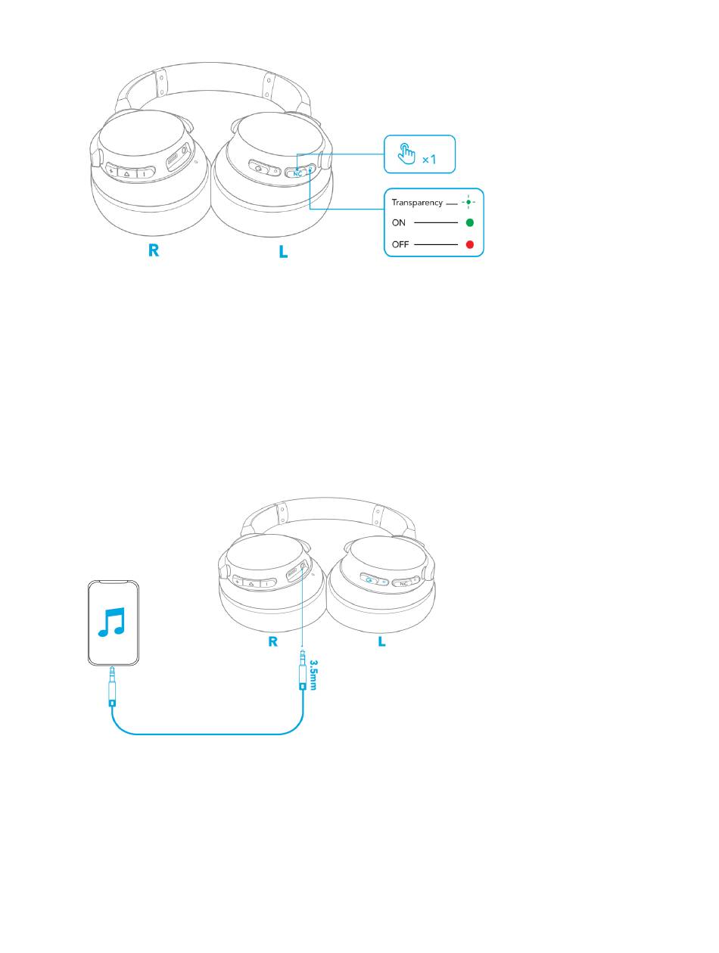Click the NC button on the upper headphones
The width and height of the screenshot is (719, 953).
(x=297, y=172)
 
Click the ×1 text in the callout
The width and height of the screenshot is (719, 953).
(x=429, y=160)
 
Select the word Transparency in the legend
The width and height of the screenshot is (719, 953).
(x=416, y=203)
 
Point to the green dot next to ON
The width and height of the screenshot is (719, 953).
(x=469, y=223)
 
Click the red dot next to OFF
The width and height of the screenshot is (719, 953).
(x=469, y=245)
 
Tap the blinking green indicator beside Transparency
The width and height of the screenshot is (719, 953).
(x=469, y=202)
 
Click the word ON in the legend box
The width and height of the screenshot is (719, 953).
(x=398, y=223)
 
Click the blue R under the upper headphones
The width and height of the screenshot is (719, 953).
(x=154, y=251)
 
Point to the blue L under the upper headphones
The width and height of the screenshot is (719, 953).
(x=283, y=251)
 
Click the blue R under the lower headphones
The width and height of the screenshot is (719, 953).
(x=273, y=642)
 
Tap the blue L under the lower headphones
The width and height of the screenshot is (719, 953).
(x=381, y=642)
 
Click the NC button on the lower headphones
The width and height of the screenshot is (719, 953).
(x=404, y=583)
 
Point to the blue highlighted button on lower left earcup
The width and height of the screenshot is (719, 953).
(x=369, y=581)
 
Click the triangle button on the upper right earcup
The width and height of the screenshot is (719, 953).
(x=126, y=172)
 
